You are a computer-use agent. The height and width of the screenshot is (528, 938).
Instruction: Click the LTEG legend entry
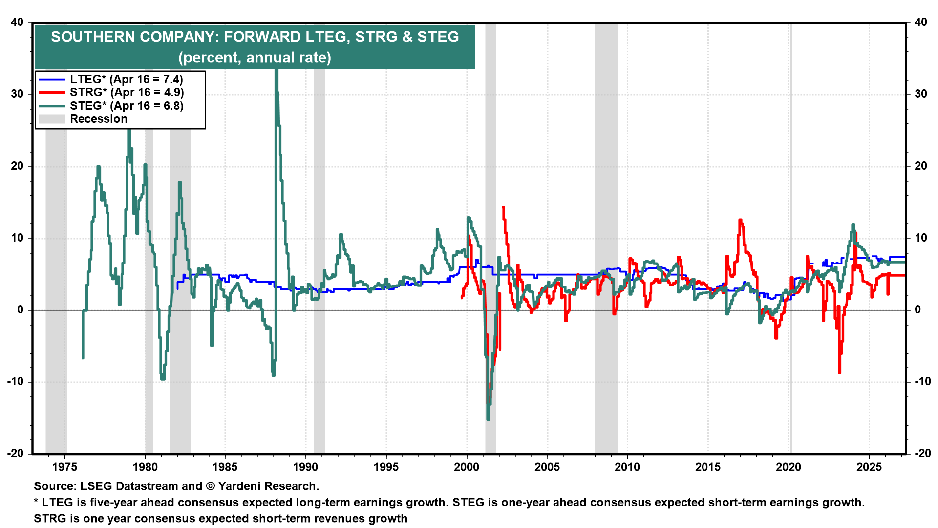coord(126,79)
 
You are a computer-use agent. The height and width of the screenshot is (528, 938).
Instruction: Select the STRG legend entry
coord(127,92)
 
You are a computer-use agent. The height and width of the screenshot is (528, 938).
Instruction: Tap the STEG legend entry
coord(127,106)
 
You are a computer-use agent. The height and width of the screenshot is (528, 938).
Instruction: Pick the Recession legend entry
coord(98,119)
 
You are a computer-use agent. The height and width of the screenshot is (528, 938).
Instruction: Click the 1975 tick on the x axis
coord(64,467)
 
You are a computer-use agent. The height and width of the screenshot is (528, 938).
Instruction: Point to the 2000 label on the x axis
coord(467,467)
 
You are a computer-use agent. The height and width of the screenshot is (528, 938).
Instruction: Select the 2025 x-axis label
coord(869,467)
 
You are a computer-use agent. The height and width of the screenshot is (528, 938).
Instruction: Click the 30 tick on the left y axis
coord(18,94)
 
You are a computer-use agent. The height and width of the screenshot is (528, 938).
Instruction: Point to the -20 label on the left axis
coord(16,453)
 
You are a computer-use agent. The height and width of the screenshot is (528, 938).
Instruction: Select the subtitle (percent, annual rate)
coord(255,58)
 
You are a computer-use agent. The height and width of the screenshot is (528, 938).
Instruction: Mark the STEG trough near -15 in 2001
coord(488,418)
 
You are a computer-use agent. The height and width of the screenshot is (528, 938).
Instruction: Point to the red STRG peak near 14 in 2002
coord(503,208)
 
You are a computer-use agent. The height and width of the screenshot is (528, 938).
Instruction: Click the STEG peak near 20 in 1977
coord(98,167)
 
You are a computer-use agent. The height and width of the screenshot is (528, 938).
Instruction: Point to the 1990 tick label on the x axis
coord(306,467)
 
